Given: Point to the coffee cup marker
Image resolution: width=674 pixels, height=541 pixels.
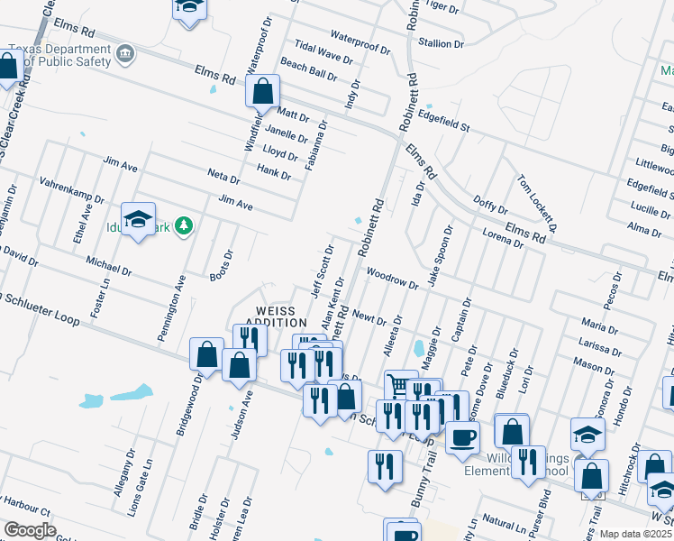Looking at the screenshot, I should [x=462, y=437].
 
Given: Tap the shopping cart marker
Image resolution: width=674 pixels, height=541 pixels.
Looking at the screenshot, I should [x=400, y=385].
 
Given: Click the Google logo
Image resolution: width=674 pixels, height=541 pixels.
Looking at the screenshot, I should [x=30, y=530].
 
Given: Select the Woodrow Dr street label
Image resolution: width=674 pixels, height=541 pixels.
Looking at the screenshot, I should [x=394, y=279].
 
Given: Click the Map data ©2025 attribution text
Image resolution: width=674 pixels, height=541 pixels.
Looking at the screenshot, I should [x=636, y=534].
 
